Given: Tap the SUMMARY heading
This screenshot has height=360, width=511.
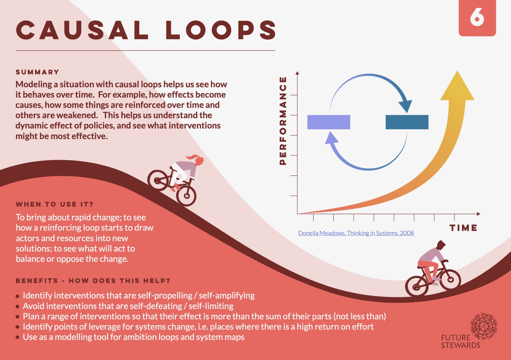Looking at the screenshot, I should (37, 72).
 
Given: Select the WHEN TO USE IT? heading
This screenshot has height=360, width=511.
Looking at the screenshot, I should (55, 204).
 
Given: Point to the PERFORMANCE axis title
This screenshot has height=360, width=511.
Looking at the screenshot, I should (283, 121).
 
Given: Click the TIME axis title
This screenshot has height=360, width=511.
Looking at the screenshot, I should (463, 228).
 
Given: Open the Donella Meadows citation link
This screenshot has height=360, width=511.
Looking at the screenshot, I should (356, 233).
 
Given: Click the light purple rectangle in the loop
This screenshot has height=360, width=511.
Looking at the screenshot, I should (329, 122).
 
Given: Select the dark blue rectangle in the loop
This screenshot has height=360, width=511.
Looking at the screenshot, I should (407, 122).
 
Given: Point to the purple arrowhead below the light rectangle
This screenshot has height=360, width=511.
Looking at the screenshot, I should (331, 139).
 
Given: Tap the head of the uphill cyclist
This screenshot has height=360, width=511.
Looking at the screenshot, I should (441, 245).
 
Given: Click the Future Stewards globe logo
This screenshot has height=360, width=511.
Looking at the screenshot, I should (484, 326).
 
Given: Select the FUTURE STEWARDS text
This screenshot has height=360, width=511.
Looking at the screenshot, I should (460, 341).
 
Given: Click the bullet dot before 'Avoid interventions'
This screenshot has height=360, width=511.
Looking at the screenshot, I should (18, 307).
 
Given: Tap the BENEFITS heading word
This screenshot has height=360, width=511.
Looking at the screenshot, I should (37, 281).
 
